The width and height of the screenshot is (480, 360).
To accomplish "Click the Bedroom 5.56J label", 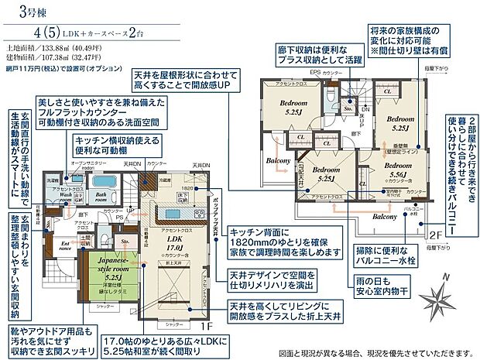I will click(x=396, y=170).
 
